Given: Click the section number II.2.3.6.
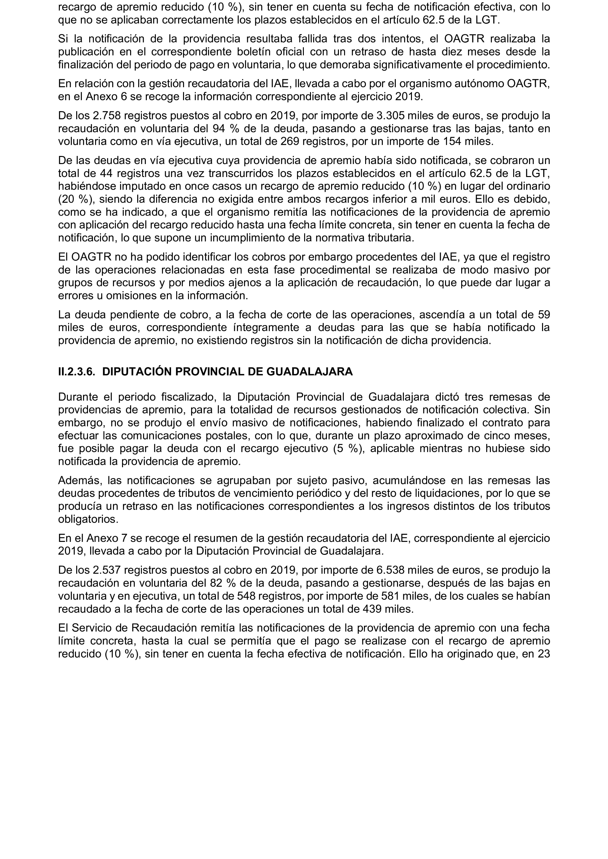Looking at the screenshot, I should (x=77, y=372).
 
